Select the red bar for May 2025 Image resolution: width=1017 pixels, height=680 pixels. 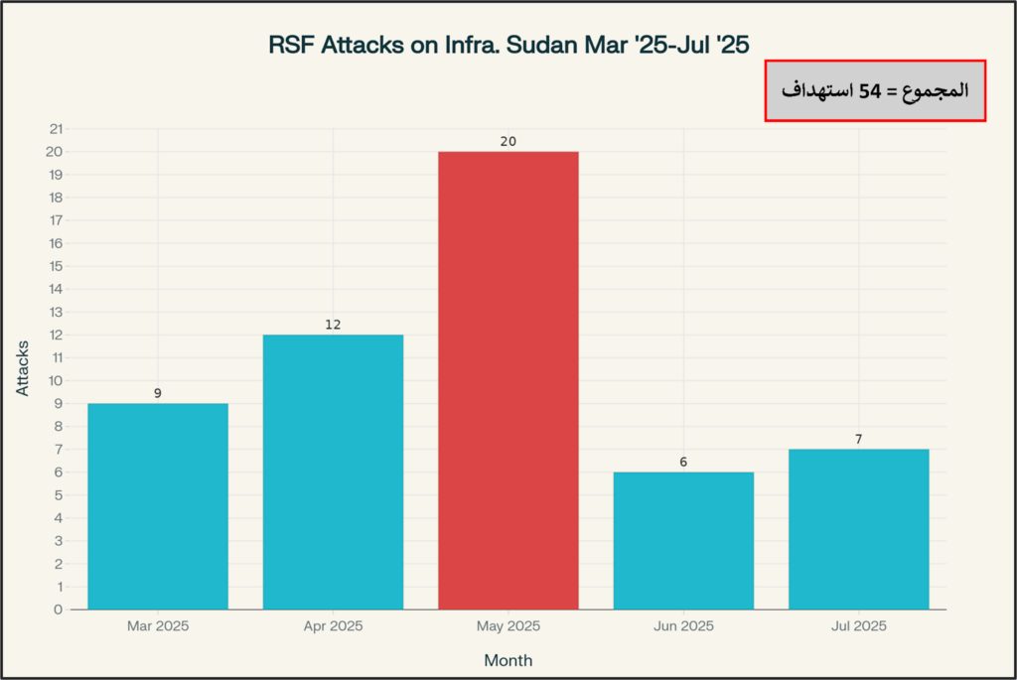tap(508, 380)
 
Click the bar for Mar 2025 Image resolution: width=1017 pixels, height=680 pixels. tap(158, 506)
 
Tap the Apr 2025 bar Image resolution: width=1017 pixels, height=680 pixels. tap(333, 472)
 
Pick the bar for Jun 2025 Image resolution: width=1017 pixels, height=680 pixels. tap(683, 540)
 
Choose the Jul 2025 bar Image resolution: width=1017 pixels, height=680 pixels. tap(858, 529)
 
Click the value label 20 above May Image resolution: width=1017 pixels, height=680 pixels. tap(508, 142)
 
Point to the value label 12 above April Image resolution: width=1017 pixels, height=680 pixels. tap(333, 325)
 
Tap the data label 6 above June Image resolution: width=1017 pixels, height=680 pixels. tap(683, 463)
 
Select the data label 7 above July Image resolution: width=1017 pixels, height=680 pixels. tap(858, 439)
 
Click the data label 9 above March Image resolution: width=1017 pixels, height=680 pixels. tap(158, 394)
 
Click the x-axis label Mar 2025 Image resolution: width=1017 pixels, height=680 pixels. tap(158, 626)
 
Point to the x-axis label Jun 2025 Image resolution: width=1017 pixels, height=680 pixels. tap(683, 626)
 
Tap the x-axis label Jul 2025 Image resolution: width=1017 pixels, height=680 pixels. tap(858, 626)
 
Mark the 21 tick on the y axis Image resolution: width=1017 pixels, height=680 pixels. tap(56, 129)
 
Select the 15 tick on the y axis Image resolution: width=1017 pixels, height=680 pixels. tap(56, 266)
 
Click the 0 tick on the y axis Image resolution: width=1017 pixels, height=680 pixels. tap(59, 610)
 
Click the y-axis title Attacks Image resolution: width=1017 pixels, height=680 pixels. tap(23, 368)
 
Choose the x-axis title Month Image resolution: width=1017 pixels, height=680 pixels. tap(508, 660)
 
